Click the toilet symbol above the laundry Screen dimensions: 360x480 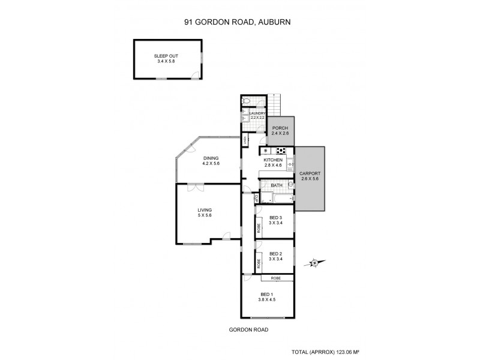pyautogui.click(x=246, y=101)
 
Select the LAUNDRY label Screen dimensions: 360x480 pyautogui.click(x=257, y=113)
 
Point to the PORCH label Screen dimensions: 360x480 pyautogui.click(x=280, y=128)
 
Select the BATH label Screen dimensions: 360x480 pyautogui.click(x=277, y=185)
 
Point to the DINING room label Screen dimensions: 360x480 pyautogui.click(x=210, y=158)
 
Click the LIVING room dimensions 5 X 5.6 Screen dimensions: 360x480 pyautogui.click(x=205, y=215)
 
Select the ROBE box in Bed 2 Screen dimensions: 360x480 pyautogui.click(x=259, y=262)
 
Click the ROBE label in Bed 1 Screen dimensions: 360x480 pyautogui.click(x=276, y=278)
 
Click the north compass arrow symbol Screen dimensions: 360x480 pyautogui.click(x=314, y=262)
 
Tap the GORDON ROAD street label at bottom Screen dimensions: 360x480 pyautogui.click(x=248, y=330)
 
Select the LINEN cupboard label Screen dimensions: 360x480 pyautogui.click(x=246, y=140)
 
